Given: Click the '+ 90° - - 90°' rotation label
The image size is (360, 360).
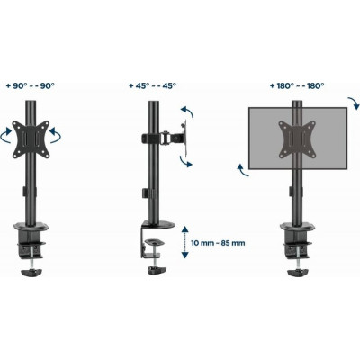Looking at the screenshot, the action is click(x=31, y=86).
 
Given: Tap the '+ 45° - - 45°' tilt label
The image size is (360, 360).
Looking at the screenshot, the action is click(x=152, y=86).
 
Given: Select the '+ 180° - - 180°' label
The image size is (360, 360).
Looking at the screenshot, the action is click(x=297, y=86).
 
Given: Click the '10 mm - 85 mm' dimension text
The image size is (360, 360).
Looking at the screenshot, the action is click(x=218, y=243).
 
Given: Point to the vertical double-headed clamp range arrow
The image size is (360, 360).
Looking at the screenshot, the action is click(x=185, y=242).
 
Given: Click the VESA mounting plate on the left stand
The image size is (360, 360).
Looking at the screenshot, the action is click(x=31, y=139).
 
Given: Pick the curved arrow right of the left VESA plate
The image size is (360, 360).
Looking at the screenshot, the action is click(x=56, y=135).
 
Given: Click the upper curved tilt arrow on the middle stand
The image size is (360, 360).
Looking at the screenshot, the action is click(x=188, y=111).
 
